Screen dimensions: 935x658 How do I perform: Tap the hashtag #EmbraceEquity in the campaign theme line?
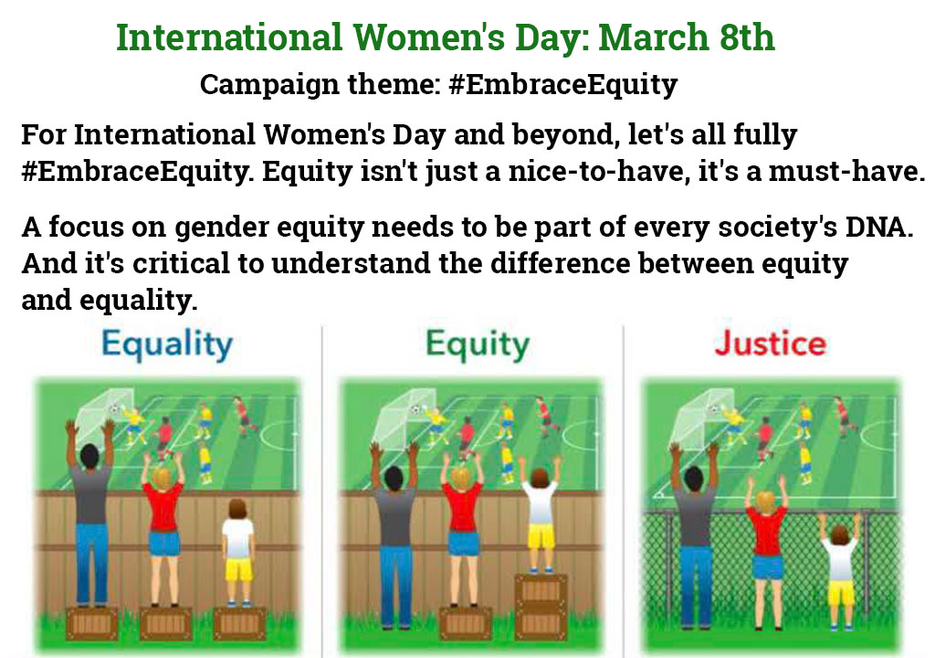coord(562,84)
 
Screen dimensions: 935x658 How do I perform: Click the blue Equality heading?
coord(167,345)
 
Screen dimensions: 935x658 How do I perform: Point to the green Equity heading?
coord(477,345)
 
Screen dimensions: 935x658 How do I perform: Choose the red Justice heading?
coord(771,344)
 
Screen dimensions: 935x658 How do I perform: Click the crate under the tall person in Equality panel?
coord(91,622)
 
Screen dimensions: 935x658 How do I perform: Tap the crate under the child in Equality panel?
coord(239,622)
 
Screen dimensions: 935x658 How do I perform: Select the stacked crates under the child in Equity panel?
coord(541,606)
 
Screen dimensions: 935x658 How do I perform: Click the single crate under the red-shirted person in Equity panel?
coord(465,622)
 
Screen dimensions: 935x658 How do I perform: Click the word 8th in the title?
coord(747,37)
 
